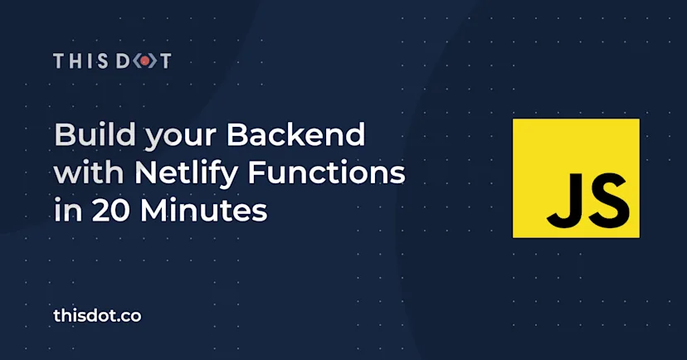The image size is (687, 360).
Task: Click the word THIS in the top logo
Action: coord(78,61)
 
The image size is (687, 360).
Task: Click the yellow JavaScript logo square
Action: coord(576,178)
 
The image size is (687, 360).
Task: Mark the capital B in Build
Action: coord(63,134)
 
